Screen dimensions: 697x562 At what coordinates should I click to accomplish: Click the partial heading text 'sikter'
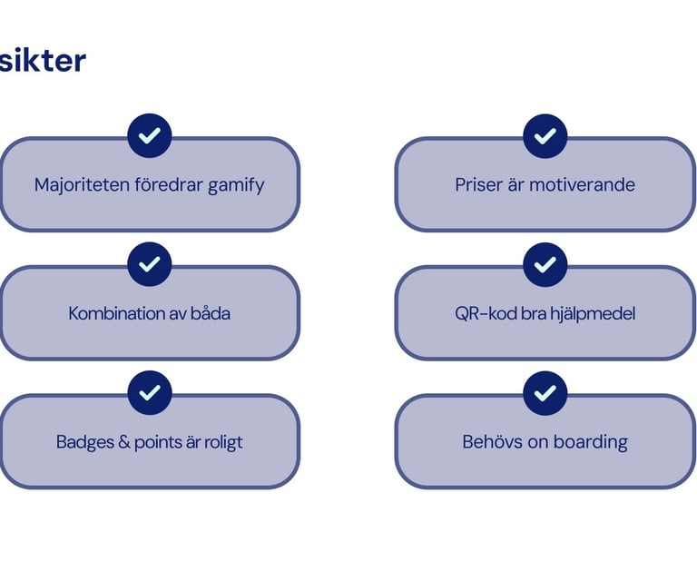click(x=43, y=61)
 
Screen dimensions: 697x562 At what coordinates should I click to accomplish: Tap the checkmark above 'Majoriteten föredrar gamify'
click(x=150, y=136)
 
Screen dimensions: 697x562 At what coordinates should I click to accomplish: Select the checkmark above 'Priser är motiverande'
click(x=545, y=136)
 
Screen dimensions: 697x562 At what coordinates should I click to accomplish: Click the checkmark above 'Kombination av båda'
click(x=150, y=264)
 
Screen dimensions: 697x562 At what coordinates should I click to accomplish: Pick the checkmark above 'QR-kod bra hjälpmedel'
click(x=545, y=264)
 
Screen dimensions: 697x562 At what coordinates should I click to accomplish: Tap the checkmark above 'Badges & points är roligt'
click(x=150, y=393)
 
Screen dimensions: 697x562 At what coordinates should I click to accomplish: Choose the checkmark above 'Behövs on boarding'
click(x=545, y=393)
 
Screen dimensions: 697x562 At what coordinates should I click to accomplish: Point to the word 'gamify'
click(x=236, y=186)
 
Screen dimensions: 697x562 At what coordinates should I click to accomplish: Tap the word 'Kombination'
click(x=114, y=314)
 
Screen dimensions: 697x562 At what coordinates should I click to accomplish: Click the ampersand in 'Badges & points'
click(x=124, y=443)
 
